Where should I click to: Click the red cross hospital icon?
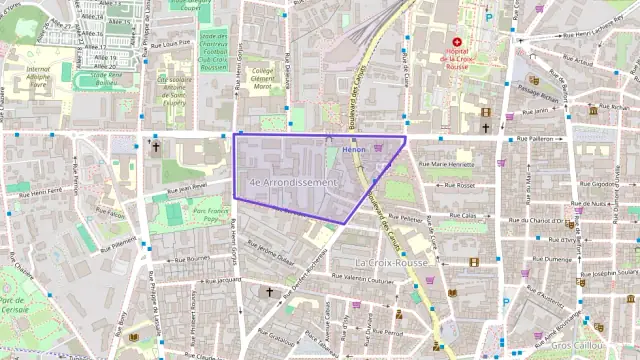[457, 41]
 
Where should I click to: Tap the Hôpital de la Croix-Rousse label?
[458, 59]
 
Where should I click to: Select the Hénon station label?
[354, 150]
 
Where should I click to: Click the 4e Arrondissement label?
[295, 183]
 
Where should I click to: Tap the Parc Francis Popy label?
[211, 215]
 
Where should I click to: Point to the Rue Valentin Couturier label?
[361, 281]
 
